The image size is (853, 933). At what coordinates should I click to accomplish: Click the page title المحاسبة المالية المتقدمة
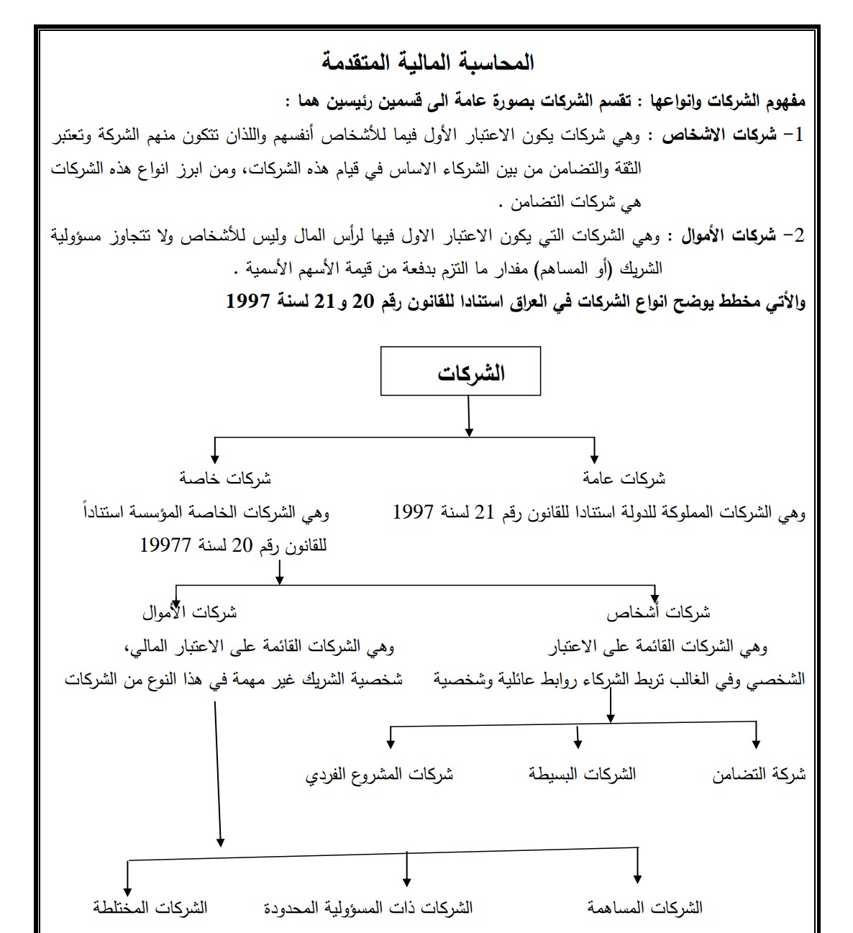pyautogui.click(x=428, y=63)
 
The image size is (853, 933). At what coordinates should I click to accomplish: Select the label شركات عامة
pyautogui.click(x=624, y=478)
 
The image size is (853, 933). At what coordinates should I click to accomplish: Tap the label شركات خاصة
pyautogui.click(x=225, y=478)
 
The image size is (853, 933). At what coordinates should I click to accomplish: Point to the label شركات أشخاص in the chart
pyautogui.click(x=658, y=613)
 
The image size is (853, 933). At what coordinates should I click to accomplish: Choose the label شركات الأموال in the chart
pyautogui.click(x=190, y=613)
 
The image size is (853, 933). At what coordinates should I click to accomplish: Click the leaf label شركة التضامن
pyautogui.click(x=759, y=775)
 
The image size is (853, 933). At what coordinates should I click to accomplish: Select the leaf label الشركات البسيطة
pyautogui.click(x=583, y=775)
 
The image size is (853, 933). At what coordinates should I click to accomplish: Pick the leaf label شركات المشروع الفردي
pyautogui.click(x=379, y=775)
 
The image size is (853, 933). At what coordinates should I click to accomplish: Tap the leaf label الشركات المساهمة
pyautogui.click(x=644, y=908)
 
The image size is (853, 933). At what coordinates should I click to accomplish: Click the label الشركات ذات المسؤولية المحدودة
pyautogui.click(x=368, y=908)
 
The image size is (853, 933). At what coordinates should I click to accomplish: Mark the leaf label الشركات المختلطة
pyautogui.click(x=150, y=908)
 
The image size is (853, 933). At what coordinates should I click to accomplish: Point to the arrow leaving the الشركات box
pyautogui.click(x=469, y=416)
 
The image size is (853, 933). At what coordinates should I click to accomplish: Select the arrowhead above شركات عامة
pyautogui.click(x=594, y=458)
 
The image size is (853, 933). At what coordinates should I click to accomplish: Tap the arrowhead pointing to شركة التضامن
pyautogui.click(x=756, y=743)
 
